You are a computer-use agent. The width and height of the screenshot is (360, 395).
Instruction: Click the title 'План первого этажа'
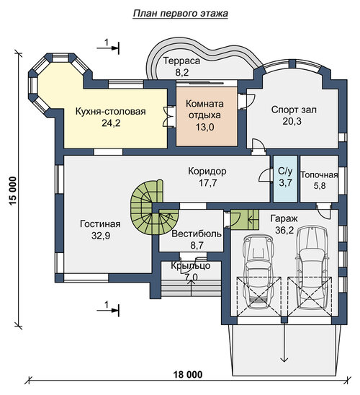tap(181, 14)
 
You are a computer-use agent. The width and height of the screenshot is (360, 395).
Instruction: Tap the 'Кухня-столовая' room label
tap(111, 111)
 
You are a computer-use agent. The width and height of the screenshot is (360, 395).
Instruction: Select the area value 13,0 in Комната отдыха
tap(204, 127)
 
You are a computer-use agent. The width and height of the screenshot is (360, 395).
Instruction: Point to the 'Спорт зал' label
tap(294, 110)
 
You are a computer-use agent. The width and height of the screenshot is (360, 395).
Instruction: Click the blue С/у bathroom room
tap(285, 179)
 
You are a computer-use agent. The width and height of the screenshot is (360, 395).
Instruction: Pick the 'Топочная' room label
tap(319, 175)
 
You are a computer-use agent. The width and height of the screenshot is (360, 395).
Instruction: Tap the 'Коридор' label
tap(207, 172)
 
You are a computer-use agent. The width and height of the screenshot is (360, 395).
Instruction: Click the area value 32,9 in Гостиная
tap(101, 236)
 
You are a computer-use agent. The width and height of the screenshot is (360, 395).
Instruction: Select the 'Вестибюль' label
tap(197, 234)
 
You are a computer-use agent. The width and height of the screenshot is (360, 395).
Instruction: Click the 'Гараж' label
tap(284, 218)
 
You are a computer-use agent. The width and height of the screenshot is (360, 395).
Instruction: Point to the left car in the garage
tap(258, 272)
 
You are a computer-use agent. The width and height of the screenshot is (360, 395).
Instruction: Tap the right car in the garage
tap(312, 268)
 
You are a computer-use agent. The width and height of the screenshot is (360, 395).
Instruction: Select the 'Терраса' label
tap(181, 61)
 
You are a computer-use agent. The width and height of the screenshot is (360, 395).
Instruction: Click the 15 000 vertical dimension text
tap(12, 191)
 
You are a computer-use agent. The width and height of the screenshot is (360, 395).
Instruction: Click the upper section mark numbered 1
tap(108, 45)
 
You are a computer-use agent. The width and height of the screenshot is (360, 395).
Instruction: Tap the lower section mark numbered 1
tap(108, 308)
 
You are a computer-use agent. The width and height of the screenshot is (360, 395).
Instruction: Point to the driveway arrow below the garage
tap(284, 342)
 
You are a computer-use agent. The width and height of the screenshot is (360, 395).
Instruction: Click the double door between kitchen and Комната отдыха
tap(168, 117)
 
